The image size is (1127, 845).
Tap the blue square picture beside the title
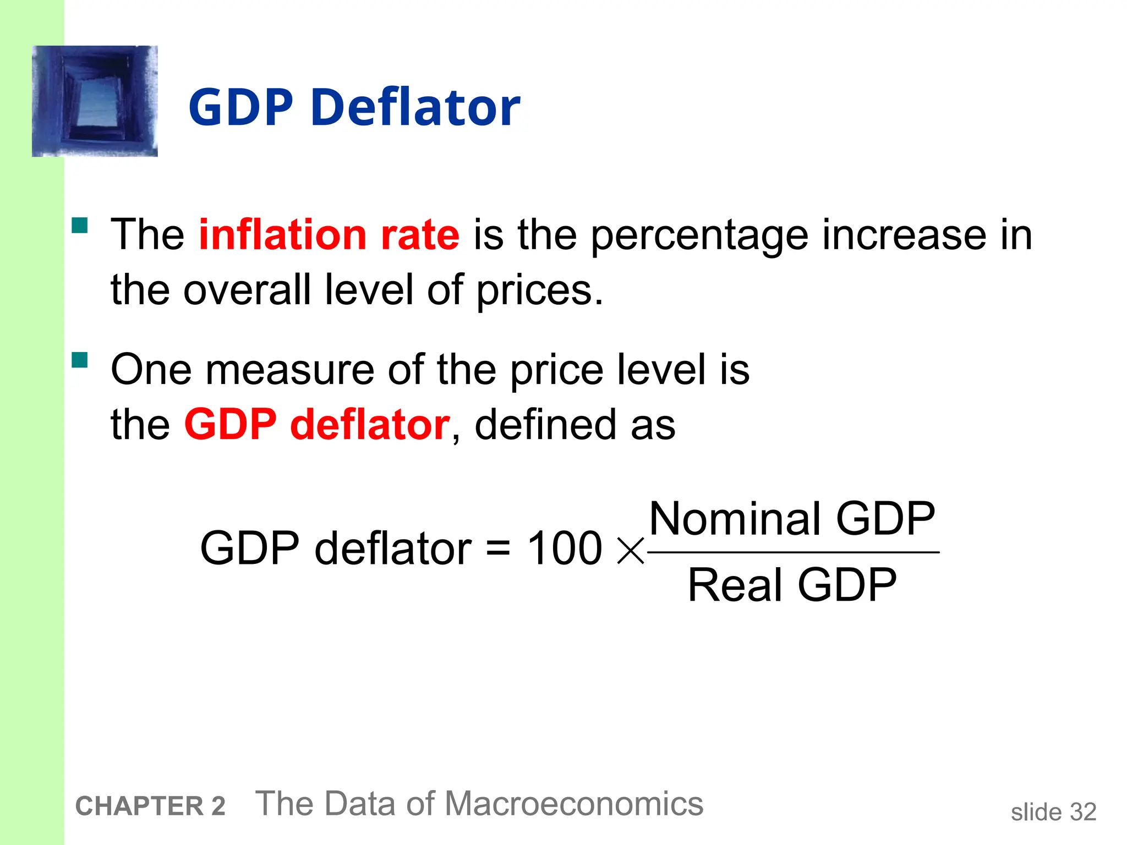click(x=95, y=101)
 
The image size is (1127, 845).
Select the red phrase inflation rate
click(x=329, y=235)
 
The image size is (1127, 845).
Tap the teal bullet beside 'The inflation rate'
click(x=80, y=226)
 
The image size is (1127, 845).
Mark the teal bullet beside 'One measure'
click(x=80, y=360)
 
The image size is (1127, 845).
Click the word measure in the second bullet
click(x=289, y=370)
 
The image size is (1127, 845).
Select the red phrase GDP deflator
click(x=317, y=425)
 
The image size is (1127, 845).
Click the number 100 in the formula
click(x=565, y=548)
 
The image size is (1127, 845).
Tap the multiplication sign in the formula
click(x=631, y=551)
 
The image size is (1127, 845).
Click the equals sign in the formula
click(x=498, y=549)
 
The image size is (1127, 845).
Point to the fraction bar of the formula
click(x=793, y=552)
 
